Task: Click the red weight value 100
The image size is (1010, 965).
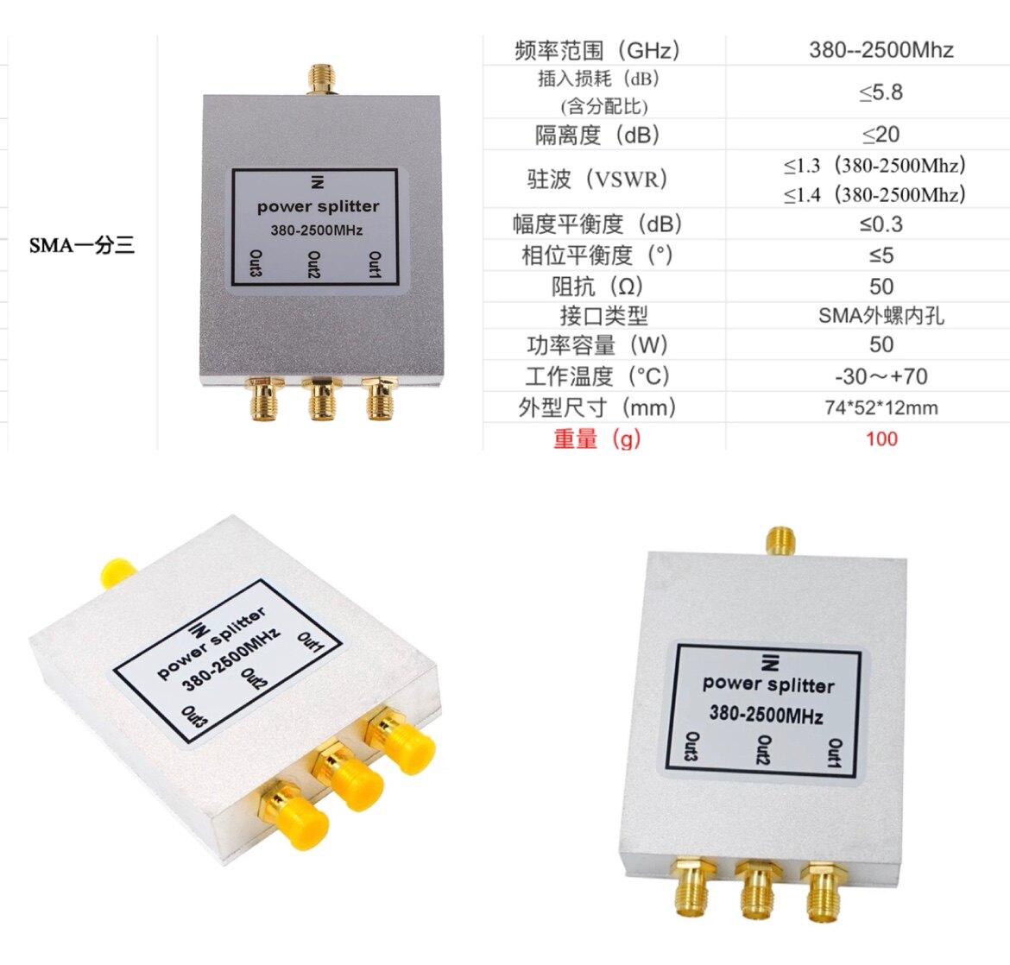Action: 881,438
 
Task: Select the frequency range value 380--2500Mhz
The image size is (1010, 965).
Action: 881,50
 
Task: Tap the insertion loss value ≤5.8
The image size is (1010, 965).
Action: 881,92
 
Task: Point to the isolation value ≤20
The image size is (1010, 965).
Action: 881,135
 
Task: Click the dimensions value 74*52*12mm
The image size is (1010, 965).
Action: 881,407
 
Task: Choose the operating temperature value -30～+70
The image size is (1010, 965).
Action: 881,376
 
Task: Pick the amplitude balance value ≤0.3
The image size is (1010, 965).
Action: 881,224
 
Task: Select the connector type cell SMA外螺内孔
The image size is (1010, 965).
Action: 881,316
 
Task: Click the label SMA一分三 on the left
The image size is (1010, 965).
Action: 82,246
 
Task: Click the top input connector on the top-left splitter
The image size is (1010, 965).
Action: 320,79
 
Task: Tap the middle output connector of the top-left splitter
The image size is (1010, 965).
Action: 321,399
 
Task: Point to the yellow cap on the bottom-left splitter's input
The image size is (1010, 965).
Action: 116,572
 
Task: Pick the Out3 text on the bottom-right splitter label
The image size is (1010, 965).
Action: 691,747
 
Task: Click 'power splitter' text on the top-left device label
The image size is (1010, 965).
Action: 318,207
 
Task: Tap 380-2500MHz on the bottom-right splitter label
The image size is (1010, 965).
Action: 766,715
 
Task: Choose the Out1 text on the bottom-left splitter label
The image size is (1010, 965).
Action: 310,643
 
